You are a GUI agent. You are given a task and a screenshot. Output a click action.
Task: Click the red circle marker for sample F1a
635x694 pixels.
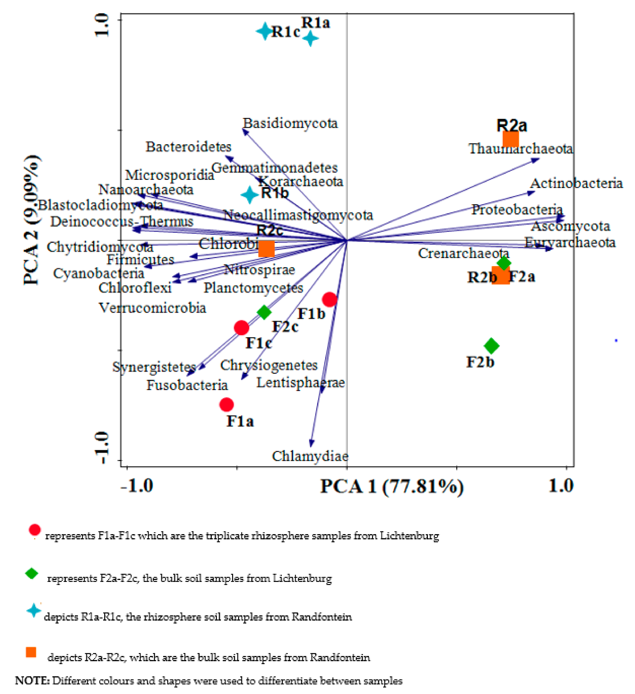pyautogui.click(x=226, y=405)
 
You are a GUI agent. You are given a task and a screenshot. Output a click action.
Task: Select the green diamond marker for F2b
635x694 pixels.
pyautogui.click(x=491, y=346)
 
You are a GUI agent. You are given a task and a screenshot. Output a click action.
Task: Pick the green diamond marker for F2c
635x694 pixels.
pyautogui.click(x=264, y=312)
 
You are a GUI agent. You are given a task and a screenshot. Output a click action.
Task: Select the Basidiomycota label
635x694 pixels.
pyautogui.click(x=290, y=123)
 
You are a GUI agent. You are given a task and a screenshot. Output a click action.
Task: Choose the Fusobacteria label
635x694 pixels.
pyautogui.click(x=187, y=385)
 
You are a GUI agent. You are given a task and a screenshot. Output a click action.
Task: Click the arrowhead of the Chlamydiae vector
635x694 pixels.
pyautogui.click(x=311, y=444)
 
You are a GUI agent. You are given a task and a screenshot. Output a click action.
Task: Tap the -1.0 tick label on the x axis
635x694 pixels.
pyautogui.click(x=137, y=485)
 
